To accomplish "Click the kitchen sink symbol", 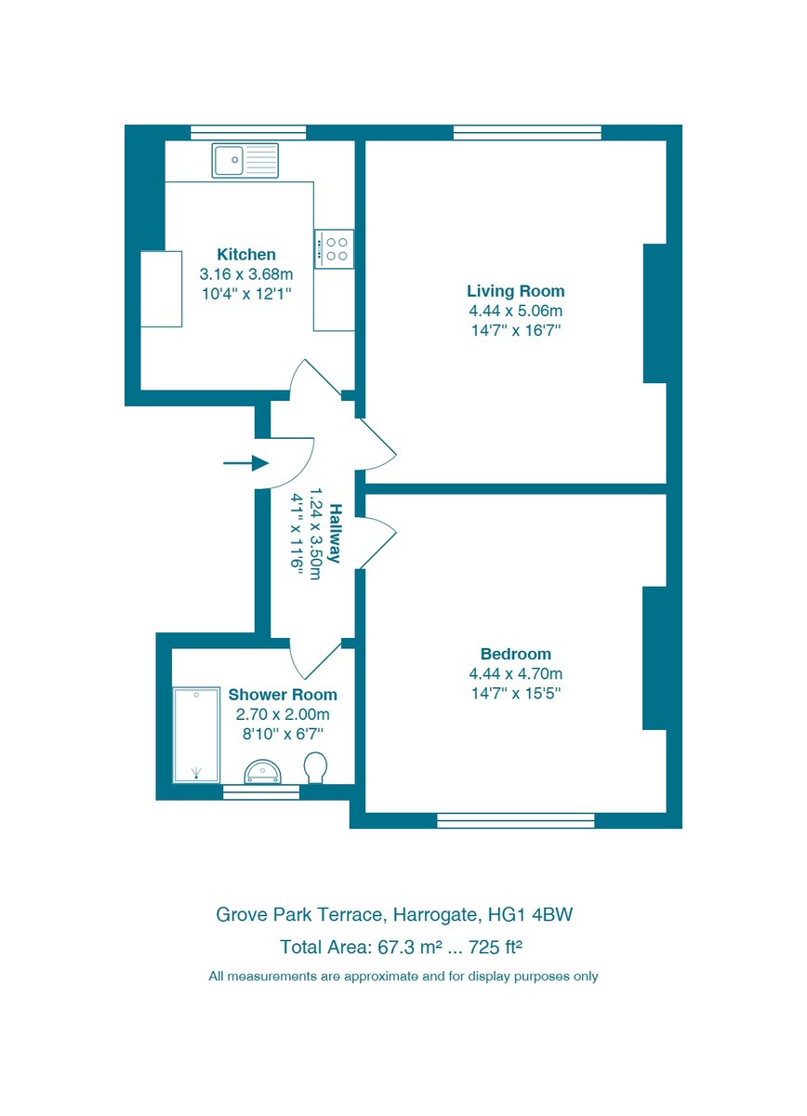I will pos(245,161).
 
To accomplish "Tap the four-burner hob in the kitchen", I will pos(334,248).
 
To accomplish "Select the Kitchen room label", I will pos(246,254).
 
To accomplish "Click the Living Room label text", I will pos(515,291).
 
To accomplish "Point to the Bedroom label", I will pos(515,654).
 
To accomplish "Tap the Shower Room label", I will pos(283,695).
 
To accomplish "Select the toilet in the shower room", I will pos(316,767).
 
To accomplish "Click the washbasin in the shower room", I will pos(261,771).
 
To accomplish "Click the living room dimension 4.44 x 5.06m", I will pos(515,311).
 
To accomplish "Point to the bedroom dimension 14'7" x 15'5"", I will pos(515,693).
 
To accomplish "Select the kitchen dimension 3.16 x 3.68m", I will pos(246,274).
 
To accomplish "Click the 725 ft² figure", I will pos(497,948).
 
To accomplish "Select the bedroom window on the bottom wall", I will pos(515,819).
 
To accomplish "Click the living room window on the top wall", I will pos(527,132).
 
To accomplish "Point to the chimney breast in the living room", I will pos(655,313).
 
